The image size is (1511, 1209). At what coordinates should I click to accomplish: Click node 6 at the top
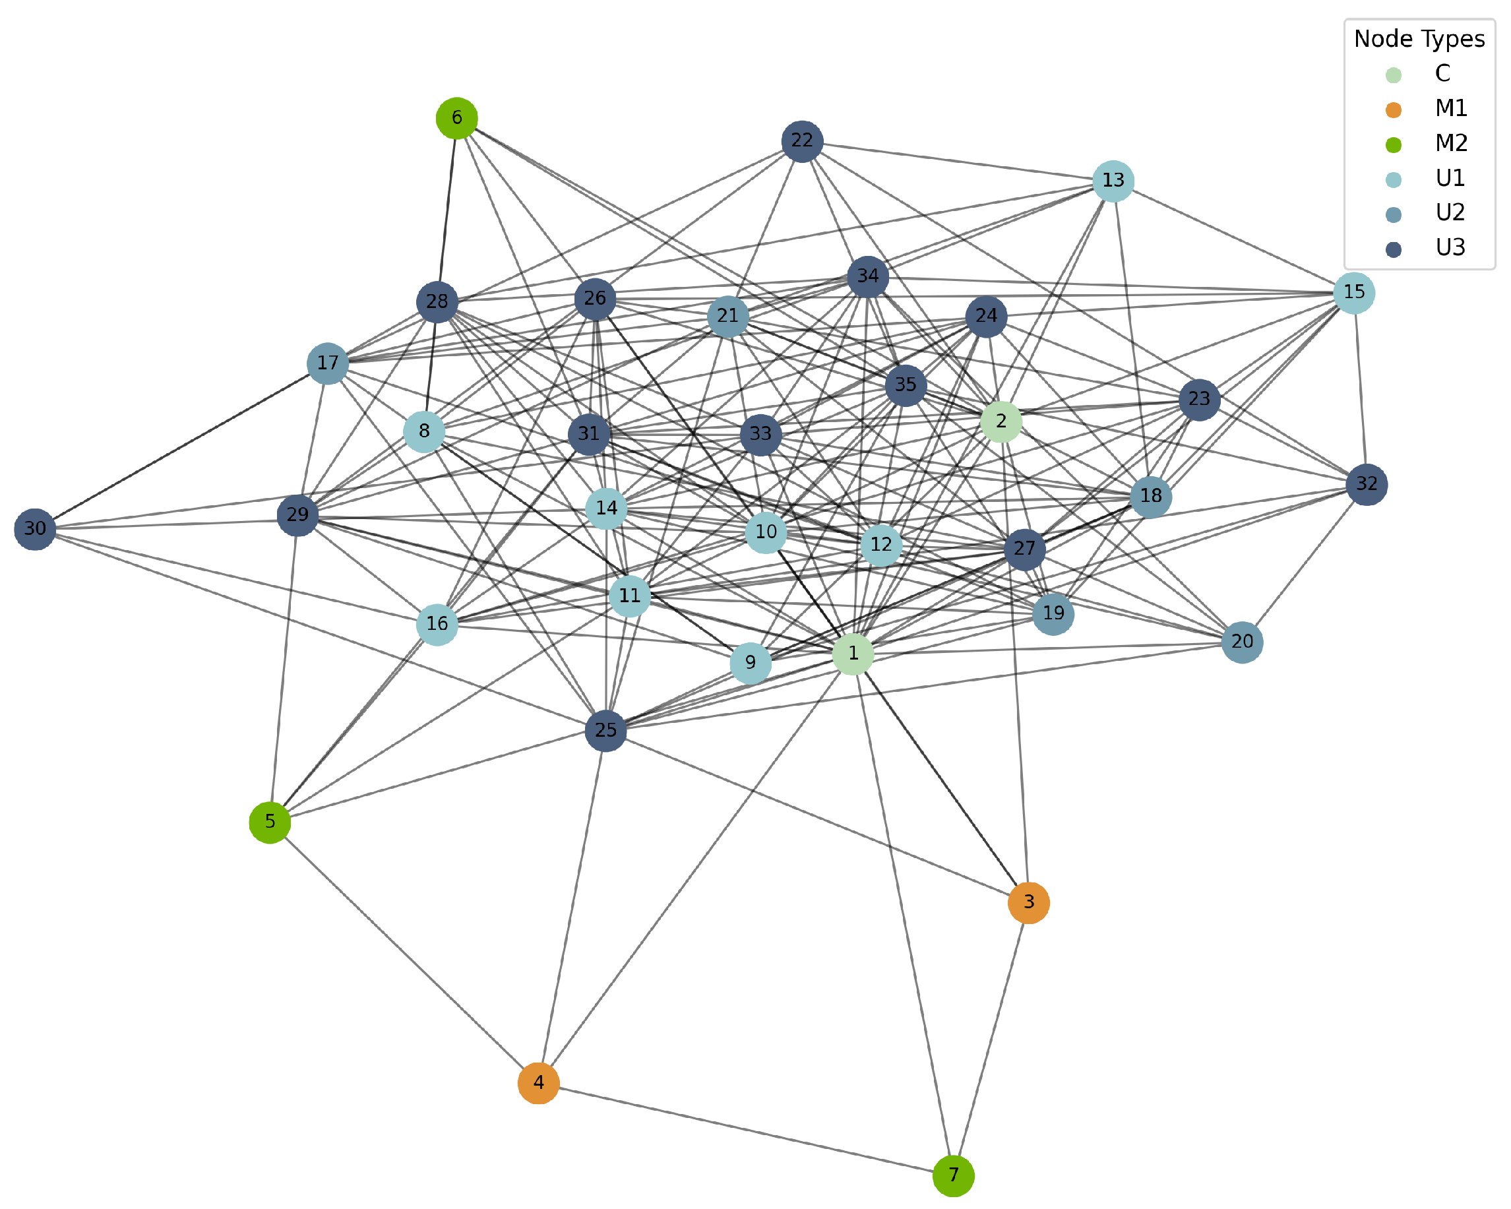457,118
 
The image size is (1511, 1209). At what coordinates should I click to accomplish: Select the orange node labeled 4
538,1083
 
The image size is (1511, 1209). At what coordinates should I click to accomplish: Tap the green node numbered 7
953,1175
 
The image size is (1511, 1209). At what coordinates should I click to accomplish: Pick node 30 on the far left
35,529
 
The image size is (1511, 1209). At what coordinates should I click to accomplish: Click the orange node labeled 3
1028,903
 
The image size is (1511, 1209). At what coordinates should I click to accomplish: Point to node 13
1113,181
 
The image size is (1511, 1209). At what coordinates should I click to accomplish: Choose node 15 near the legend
1354,292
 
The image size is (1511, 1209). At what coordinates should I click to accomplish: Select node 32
1367,484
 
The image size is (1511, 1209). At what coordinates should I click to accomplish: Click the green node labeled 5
270,822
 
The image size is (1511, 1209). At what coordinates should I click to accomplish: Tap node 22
802,141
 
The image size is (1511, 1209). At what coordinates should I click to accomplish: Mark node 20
1242,642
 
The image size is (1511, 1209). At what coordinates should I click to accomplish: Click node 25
605,730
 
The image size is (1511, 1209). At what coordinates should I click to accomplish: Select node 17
327,363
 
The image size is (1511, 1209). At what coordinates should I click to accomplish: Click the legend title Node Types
1419,38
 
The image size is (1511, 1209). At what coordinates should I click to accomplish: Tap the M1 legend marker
1393,110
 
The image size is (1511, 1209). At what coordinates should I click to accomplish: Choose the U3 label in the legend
1450,247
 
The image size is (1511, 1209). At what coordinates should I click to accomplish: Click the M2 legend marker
1393,145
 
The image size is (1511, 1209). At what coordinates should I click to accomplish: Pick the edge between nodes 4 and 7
746,1129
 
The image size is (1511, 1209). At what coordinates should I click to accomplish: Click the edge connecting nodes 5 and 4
404,952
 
